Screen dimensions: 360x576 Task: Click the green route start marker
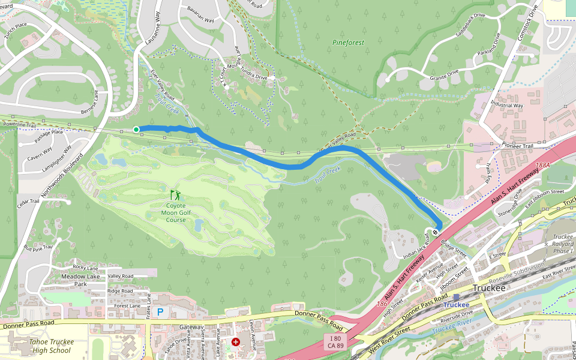point(136,129)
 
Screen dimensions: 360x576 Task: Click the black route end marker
point(435,232)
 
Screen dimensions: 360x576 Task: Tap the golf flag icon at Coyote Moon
point(175,195)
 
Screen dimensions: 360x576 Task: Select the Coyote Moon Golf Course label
point(176,212)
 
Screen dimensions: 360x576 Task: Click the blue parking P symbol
point(160,312)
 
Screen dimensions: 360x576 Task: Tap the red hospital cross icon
point(235,342)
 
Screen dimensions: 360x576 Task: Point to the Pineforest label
point(348,43)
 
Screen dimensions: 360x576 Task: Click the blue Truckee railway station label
point(456,304)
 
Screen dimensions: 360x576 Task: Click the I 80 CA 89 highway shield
point(336,343)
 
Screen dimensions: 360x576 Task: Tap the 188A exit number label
point(542,164)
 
